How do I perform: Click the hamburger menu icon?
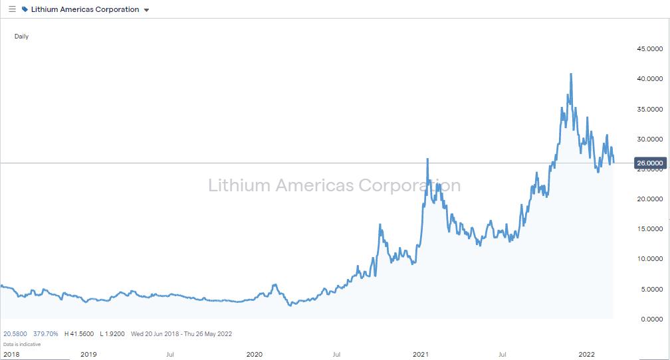coord(12,9)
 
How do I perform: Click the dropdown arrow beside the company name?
coord(147,10)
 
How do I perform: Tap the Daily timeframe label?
coord(21,37)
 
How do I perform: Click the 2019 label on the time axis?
coord(88,354)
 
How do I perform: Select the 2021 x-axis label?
coord(421,354)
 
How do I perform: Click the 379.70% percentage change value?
coord(46,333)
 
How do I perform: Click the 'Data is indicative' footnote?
coord(22,344)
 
